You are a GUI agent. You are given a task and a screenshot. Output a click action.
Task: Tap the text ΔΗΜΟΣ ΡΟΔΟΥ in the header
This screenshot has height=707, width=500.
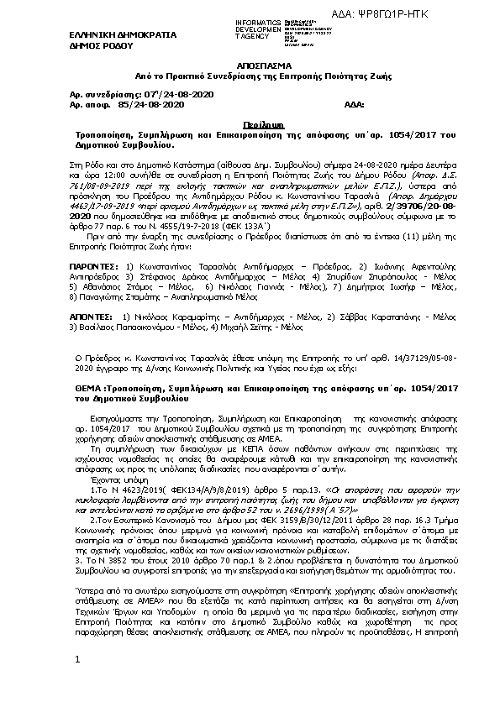click(x=95, y=47)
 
